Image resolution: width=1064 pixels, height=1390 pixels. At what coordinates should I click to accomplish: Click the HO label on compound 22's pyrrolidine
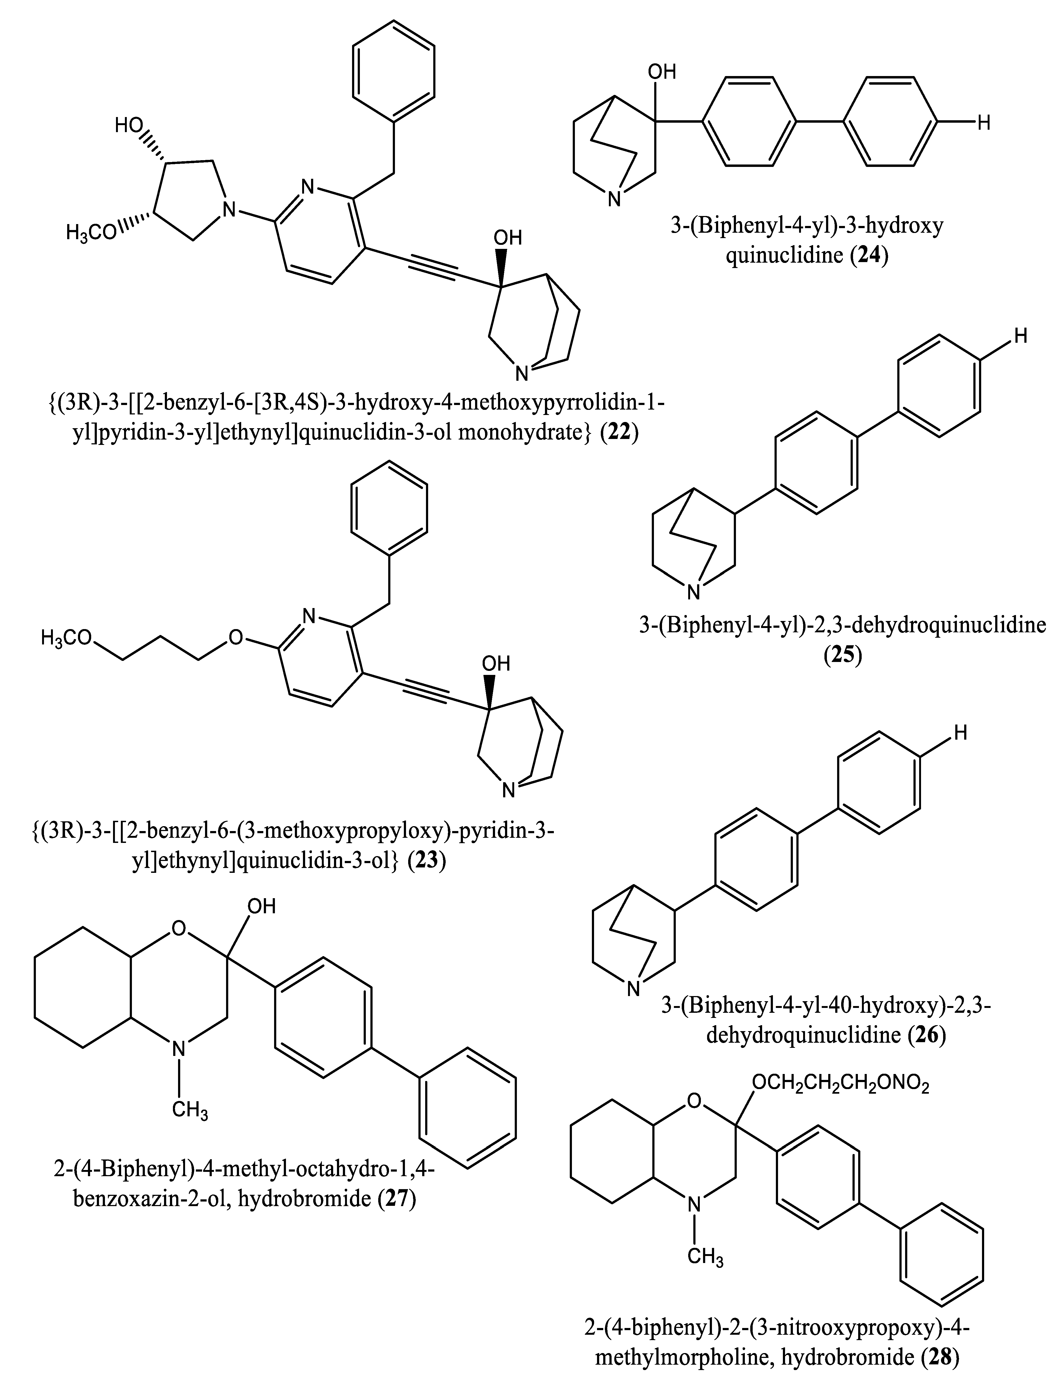coord(130,125)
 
